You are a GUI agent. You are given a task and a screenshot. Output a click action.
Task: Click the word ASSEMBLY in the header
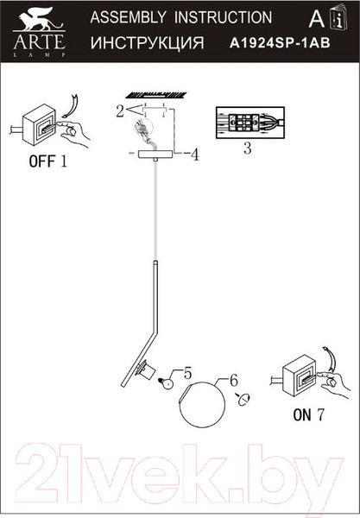tap(129, 17)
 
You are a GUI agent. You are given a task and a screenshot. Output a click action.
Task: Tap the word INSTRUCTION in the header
tap(224, 17)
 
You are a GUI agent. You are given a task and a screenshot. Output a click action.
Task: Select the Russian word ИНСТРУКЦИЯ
tap(148, 43)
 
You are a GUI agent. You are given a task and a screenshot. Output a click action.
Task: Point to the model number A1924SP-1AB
tap(280, 43)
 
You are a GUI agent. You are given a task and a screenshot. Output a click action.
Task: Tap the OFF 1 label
tap(47, 161)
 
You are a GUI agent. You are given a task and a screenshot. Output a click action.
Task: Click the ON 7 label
tap(309, 414)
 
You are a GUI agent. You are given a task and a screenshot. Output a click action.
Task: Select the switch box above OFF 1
tap(39, 125)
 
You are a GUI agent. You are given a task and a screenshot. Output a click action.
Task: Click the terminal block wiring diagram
tap(250, 123)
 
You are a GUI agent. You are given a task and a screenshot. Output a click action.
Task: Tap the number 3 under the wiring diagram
tap(248, 148)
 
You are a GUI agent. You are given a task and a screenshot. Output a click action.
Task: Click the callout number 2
tap(120, 111)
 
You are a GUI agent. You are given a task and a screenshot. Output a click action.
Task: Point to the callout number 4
tap(195, 155)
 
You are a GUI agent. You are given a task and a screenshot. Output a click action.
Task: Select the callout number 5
tap(187, 374)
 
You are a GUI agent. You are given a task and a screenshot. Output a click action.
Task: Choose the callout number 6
tap(233, 381)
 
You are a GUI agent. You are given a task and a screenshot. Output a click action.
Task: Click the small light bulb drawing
tap(167, 382)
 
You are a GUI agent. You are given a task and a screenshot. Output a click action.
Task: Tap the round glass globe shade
tap(202, 404)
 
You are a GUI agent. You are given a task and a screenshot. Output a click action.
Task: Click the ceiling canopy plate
tap(156, 154)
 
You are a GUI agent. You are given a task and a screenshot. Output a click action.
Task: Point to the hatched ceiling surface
tap(156, 96)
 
